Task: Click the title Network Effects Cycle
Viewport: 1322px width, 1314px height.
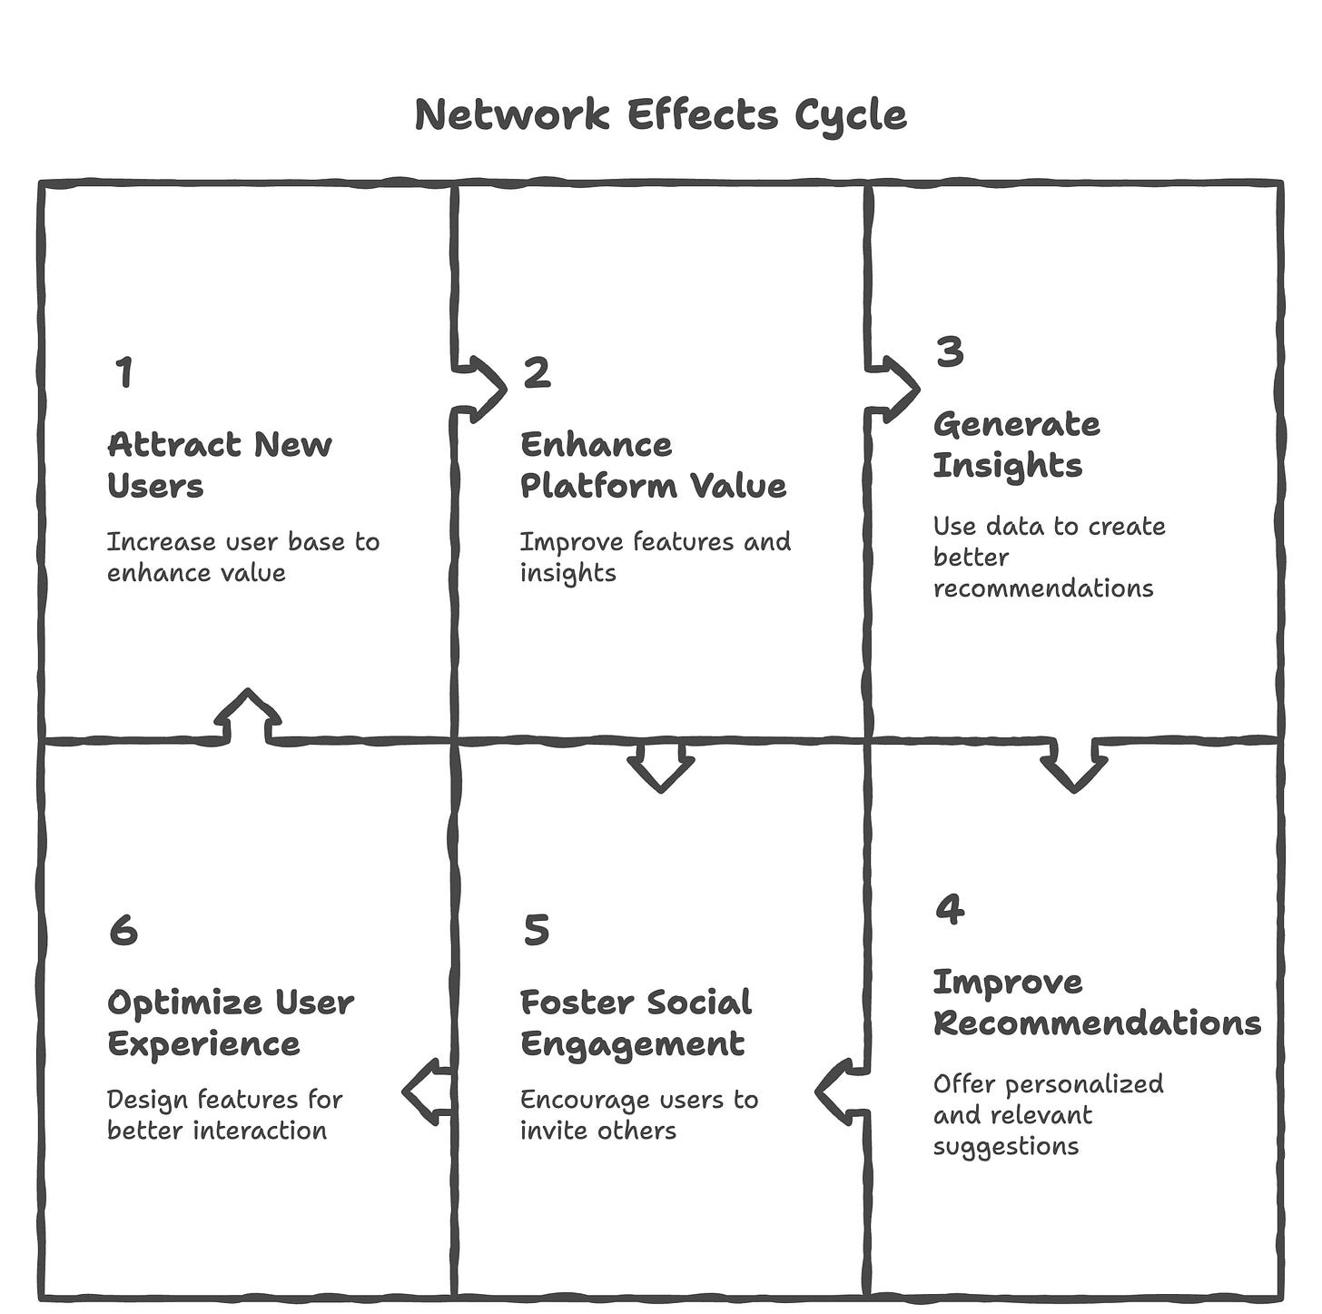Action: coord(660,115)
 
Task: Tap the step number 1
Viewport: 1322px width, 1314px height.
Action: coord(124,372)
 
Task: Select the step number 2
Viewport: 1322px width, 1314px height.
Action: coord(537,372)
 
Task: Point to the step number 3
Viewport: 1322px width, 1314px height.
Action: coord(949,351)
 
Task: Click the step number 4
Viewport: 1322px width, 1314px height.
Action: coord(949,909)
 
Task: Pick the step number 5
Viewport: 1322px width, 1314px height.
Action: coord(537,930)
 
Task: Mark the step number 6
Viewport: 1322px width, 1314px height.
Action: coord(123,930)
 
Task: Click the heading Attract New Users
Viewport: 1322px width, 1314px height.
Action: coord(220,465)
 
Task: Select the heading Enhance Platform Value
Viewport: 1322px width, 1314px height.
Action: coord(653,465)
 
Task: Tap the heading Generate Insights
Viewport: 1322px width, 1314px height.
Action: coord(1016,444)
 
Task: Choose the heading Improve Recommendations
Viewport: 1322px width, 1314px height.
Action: coord(1097,1002)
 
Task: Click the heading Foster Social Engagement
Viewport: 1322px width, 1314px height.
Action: coord(636,1023)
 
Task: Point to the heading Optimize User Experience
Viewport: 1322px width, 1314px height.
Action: coord(231,1023)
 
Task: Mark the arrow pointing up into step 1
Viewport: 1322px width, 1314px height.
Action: coord(247,716)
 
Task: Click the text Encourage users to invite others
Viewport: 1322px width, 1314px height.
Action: coord(638,1115)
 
